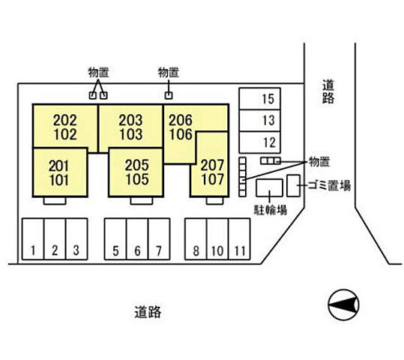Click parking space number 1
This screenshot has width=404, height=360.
pyautogui.click(x=33, y=239)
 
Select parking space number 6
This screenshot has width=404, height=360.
pyautogui.click(x=137, y=239)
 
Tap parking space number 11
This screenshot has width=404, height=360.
pyautogui.click(x=239, y=239)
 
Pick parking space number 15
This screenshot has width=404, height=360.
pyautogui.click(x=259, y=99)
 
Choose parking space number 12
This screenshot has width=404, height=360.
pyautogui.click(x=259, y=142)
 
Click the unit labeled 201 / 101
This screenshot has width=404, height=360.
pyautogui.click(x=60, y=172)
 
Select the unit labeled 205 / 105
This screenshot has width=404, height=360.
pyautogui.click(x=136, y=172)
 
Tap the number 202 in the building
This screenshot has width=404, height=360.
pyautogui.click(x=65, y=120)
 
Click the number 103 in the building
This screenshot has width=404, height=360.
pyautogui.click(x=130, y=134)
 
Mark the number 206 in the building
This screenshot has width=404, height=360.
pyautogui.click(x=181, y=120)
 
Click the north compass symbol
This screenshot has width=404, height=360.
pyautogui.click(x=343, y=304)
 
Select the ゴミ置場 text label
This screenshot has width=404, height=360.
pyautogui.click(x=329, y=185)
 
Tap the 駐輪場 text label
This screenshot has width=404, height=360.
pyautogui.click(x=271, y=210)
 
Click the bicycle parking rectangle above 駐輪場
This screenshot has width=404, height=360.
pyautogui.click(x=269, y=187)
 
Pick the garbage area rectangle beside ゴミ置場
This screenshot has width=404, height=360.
pyautogui.click(x=294, y=186)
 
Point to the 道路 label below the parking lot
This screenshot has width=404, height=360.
pyautogui.click(x=148, y=312)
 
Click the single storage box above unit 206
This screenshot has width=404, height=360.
pyautogui.click(x=169, y=95)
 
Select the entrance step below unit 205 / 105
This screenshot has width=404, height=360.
pyautogui.click(x=142, y=201)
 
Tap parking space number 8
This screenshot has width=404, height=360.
pyautogui.click(x=196, y=239)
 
